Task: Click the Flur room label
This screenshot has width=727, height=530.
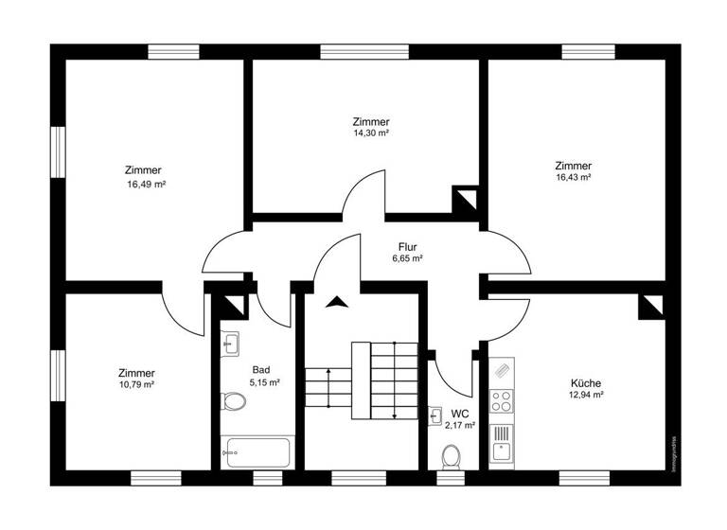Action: click(407, 246)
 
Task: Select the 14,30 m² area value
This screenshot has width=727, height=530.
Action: click(371, 133)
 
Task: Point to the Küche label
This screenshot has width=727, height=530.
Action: click(586, 383)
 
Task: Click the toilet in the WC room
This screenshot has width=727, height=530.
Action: click(452, 458)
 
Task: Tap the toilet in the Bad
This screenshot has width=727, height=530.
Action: click(233, 402)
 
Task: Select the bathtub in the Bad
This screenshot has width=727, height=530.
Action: click(257, 451)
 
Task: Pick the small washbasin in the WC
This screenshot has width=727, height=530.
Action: click(435, 415)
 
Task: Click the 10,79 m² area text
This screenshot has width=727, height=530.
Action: click(137, 385)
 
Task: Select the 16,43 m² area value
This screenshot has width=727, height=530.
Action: click(574, 177)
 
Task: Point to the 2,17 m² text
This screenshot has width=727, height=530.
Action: click(460, 426)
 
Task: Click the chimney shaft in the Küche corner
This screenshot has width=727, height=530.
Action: click(650, 306)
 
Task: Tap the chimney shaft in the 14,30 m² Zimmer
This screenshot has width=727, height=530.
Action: click(466, 200)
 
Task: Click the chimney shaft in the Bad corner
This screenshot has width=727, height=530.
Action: click(234, 306)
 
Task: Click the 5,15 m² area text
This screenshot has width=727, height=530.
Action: click(264, 381)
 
